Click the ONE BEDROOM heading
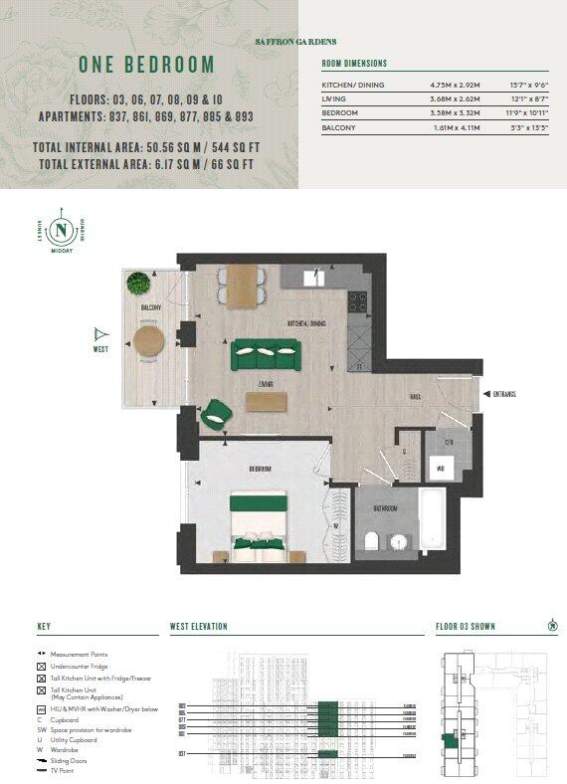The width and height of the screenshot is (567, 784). click(146, 66)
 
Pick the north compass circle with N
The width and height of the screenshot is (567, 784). click(63, 229)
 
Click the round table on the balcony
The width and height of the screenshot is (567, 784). click(149, 341)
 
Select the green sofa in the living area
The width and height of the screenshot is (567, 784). click(266, 353)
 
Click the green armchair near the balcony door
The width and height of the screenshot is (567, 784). click(216, 411)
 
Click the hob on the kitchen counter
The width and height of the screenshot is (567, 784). click(358, 300)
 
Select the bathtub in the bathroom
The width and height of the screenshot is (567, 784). click(434, 522)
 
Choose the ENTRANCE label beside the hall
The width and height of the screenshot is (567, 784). click(504, 394)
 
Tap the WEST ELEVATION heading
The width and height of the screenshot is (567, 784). click(199, 627)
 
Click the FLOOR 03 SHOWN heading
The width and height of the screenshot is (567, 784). click(466, 627)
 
